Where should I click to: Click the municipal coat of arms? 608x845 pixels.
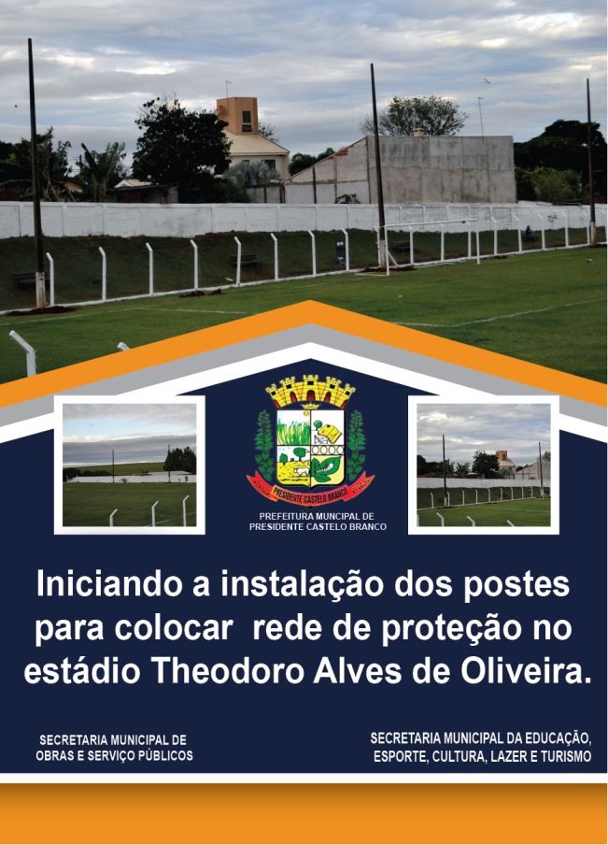pos(311,440)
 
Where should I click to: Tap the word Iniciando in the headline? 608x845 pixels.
pos(109,585)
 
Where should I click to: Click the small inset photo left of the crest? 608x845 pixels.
pos(129,465)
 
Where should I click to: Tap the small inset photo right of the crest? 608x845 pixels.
pos(484,465)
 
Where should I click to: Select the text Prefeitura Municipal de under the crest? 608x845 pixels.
pos(317,516)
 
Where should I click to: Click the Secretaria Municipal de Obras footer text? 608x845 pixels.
pos(114,748)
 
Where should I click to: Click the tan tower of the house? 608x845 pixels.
pos(237,115)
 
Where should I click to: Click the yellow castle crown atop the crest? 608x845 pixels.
pos(311,391)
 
